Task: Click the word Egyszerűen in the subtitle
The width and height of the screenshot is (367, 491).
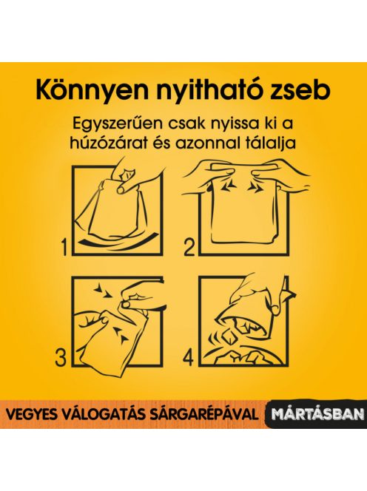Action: point(118,123)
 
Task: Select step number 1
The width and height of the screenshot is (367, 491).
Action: point(64,248)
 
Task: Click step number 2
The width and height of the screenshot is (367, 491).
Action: point(189,248)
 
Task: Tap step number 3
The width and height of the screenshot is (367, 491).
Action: point(61,358)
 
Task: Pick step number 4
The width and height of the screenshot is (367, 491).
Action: point(189,358)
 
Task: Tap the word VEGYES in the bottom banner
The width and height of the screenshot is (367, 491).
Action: point(27,414)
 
